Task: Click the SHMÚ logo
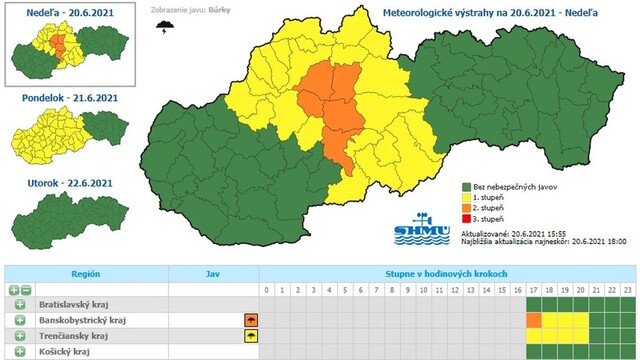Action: click(414, 227)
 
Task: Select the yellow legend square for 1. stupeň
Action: click(466, 197)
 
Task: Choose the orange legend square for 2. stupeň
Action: click(466, 207)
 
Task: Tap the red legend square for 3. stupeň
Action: click(466, 217)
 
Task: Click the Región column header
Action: click(84, 272)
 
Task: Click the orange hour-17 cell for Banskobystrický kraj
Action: click(533, 320)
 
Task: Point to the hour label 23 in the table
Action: click(627, 290)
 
